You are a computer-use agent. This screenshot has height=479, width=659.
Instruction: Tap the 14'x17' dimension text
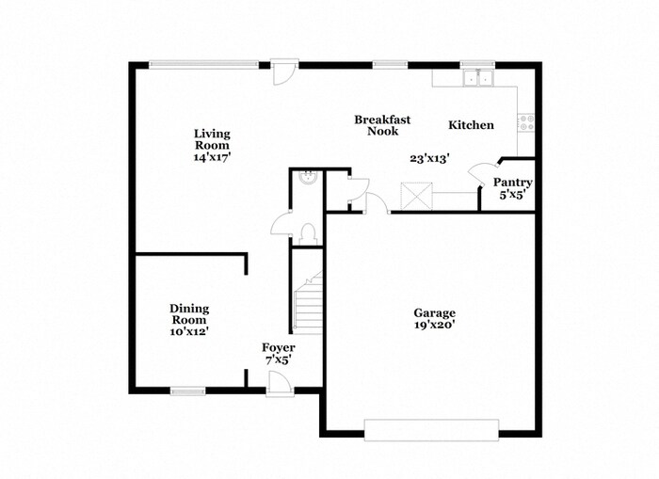[x=212, y=158]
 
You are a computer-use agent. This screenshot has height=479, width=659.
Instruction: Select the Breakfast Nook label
[x=382, y=125]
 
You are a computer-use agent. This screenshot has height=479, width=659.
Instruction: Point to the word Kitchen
[x=471, y=125]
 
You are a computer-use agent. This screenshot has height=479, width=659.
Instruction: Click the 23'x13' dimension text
[x=428, y=159]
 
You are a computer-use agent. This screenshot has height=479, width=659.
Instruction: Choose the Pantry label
[x=513, y=183]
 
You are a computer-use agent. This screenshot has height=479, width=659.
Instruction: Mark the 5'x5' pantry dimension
[x=513, y=196]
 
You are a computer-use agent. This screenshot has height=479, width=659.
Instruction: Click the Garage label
[x=434, y=313]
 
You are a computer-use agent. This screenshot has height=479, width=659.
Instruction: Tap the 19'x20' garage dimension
[x=434, y=326]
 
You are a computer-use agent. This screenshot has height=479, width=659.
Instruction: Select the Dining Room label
[x=189, y=313]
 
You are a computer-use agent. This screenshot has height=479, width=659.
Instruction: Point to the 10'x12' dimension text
[x=189, y=331]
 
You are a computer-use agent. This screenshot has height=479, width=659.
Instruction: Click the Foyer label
[x=278, y=348]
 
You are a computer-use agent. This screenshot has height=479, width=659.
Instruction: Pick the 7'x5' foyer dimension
[x=278, y=359]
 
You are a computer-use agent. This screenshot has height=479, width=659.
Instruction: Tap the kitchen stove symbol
[x=527, y=121]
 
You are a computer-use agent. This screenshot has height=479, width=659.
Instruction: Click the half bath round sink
[x=306, y=176]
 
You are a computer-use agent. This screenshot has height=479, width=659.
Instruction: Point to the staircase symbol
[x=308, y=303]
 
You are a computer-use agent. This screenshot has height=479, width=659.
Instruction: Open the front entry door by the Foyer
[x=278, y=385]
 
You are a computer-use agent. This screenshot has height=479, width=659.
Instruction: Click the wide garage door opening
[x=431, y=429]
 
